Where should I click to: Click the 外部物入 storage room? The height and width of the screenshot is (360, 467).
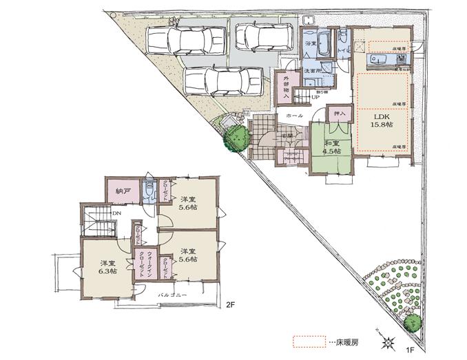pos(284,88)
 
